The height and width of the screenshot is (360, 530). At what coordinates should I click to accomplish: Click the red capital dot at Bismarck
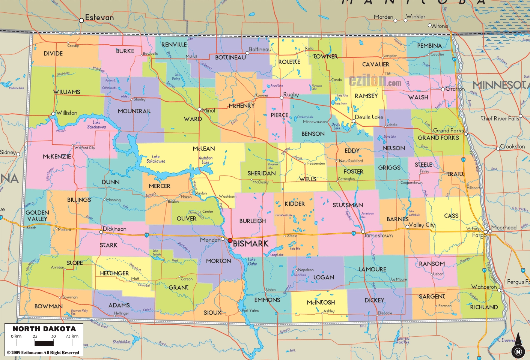pyautogui.click(x=230, y=240)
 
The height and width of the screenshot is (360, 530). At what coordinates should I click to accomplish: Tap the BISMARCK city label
pyautogui.click(x=251, y=244)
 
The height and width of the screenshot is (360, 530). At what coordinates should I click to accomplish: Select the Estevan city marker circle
pyautogui.click(x=81, y=21)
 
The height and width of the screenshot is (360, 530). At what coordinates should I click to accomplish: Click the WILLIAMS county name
pyautogui.click(x=67, y=92)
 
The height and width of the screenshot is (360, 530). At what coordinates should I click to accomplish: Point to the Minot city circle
pyautogui.click(x=200, y=109)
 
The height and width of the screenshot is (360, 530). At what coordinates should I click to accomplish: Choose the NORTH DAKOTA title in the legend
pyautogui.click(x=44, y=329)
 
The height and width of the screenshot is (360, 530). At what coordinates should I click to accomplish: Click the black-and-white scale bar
pyautogui.click(x=44, y=343)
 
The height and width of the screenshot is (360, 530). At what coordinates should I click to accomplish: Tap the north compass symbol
pyautogui.click(x=518, y=346)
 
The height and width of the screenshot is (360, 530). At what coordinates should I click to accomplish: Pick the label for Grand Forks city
pyautogui.click(x=448, y=130)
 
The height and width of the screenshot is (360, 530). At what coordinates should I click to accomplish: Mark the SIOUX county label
pyautogui.click(x=212, y=312)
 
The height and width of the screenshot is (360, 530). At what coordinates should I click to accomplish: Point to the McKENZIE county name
pyautogui.click(x=57, y=156)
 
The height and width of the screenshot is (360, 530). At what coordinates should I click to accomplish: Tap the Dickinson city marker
pyautogui.click(x=101, y=232)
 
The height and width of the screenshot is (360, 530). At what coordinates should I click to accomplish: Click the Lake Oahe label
pyautogui.click(x=252, y=261)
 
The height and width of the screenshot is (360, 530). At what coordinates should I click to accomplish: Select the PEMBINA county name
pyautogui.click(x=429, y=46)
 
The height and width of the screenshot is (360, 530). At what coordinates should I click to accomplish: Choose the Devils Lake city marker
pyautogui.click(x=353, y=121)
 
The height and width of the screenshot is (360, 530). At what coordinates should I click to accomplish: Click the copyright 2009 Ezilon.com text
pyautogui.click(x=43, y=352)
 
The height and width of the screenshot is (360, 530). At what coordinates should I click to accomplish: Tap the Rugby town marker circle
pyautogui.click(x=282, y=98)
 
